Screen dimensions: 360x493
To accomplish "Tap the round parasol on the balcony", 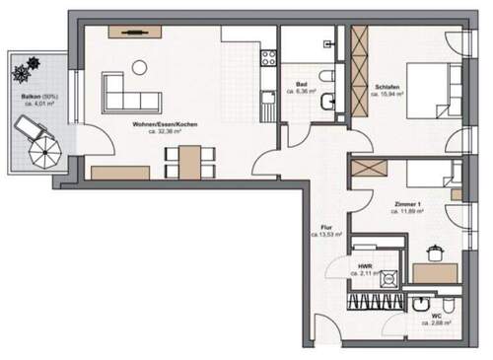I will (x=45, y=152).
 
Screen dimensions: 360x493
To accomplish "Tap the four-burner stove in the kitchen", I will (x=265, y=58).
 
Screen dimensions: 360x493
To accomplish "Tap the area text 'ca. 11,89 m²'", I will (x=406, y=210).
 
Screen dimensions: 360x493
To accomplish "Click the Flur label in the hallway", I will (x=326, y=227).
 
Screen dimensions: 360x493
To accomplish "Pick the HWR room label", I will (x=366, y=265).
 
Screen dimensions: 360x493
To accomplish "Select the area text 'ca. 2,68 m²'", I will (x=436, y=323).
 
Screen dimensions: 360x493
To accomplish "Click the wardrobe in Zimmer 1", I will (x=371, y=168).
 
